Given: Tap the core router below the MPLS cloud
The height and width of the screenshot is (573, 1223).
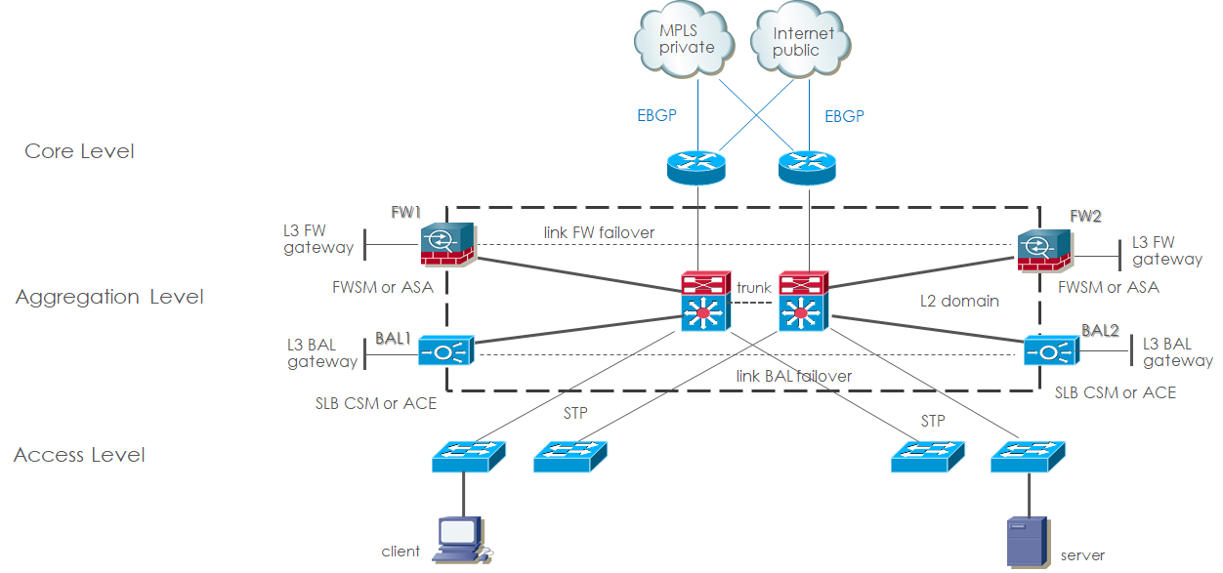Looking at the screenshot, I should click(x=697, y=165).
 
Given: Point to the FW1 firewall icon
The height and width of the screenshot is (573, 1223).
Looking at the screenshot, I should click(x=446, y=244).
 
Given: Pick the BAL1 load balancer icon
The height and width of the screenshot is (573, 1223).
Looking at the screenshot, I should click(x=445, y=349).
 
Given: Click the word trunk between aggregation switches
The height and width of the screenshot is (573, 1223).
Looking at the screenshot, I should click(x=754, y=288).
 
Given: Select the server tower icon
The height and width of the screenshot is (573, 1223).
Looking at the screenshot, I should click(x=1023, y=543).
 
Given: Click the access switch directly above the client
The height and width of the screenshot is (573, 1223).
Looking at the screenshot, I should click(x=469, y=455).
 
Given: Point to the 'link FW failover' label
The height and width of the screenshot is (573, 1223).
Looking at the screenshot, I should click(x=599, y=232).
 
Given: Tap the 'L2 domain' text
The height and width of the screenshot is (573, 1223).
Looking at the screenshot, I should click(x=959, y=301).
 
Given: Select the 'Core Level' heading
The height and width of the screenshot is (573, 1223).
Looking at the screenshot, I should click(x=79, y=151).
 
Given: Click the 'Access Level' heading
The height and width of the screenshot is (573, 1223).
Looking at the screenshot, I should click(x=79, y=455).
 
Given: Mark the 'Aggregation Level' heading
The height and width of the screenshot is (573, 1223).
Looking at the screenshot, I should click(x=109, y=297).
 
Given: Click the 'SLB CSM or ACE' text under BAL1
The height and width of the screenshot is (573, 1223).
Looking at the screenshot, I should click(x=376, y=402).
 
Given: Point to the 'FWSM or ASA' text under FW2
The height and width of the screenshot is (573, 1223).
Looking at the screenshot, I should click(x=1109, y=287).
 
